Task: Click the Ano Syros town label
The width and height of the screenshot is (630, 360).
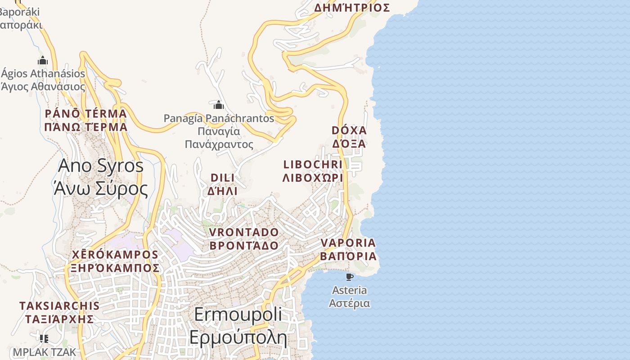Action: (101, 166)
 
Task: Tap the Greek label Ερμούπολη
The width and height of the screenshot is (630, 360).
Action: (238, 337)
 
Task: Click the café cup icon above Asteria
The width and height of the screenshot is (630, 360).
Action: (349, 277)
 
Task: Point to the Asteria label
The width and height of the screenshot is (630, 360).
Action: (349, 290)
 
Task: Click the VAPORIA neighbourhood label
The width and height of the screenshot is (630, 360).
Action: (348, 243)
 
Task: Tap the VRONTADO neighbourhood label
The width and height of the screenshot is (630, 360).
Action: (244, 233)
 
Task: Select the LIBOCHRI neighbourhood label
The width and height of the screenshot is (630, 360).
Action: (313, 164)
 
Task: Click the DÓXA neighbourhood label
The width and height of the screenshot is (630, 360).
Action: (349, 130)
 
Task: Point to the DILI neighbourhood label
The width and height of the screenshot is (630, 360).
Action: (222, 178)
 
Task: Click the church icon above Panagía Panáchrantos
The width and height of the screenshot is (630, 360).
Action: (219, 105)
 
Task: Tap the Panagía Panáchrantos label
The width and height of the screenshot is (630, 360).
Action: (219, 118)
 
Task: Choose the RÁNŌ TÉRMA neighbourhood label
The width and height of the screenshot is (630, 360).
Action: (85, 113)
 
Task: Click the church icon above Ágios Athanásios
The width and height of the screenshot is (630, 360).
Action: (43, 60)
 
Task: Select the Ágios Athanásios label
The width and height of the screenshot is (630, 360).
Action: (43, 73)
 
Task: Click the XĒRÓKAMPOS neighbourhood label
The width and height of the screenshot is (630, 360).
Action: (115, 255)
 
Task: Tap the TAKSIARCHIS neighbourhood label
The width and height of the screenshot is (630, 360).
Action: (59, 306)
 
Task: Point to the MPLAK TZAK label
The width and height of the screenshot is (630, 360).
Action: (45, 351)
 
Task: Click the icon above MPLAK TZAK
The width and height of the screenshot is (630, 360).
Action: (44, 338)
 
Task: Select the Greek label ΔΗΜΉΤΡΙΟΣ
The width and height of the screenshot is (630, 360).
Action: (352, 8)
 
